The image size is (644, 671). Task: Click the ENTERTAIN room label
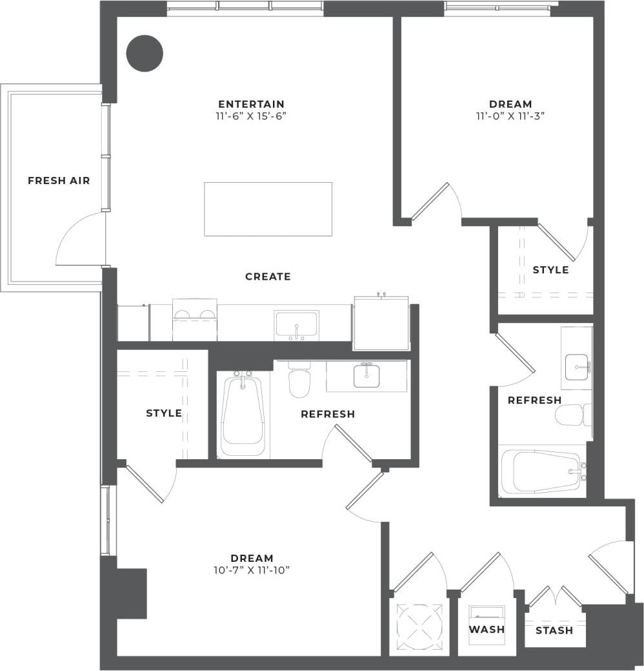tap(251, 104)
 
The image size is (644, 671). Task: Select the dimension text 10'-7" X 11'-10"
tap(252, 570)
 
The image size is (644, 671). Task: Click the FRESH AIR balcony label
tap(59, 181)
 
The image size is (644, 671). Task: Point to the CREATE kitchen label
tap(268, 276)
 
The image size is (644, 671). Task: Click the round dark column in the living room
tap(144, 52)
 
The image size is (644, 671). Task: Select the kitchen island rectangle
tap(268, 209)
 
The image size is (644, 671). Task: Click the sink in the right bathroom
tap(576, 367)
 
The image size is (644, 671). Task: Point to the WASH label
tap(487, 629)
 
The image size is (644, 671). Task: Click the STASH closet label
tap(554, 630)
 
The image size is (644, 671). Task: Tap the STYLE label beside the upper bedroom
tap(550, 269)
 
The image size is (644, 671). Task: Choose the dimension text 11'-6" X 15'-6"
tap(251, 116)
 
